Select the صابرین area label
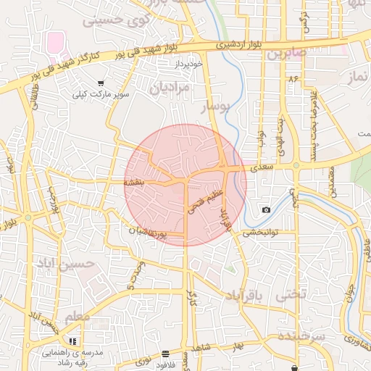point(286,53)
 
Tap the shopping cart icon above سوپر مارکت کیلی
point(100,83)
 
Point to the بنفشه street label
point(134,183)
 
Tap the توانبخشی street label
point(258,233)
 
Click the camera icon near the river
point(266,210)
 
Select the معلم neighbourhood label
point(77,317)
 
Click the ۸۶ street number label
point(293,78)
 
